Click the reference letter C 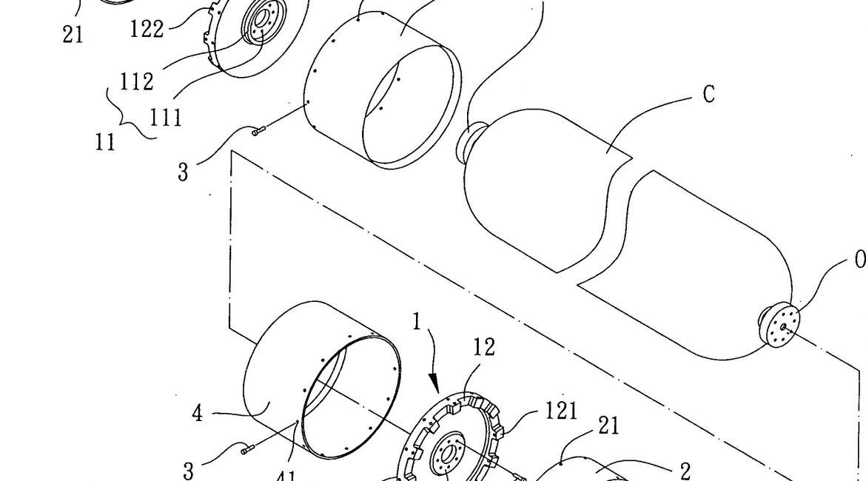click(x=708, y=95)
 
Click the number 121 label click(x=562, y=411)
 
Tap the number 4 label click(x=197, y=413)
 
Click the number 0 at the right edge click(x=859, y=259)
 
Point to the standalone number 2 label click(x=685, y=471)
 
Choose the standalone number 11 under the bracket click(x=106, y=141)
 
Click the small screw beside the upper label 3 click(x=257, y=132)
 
